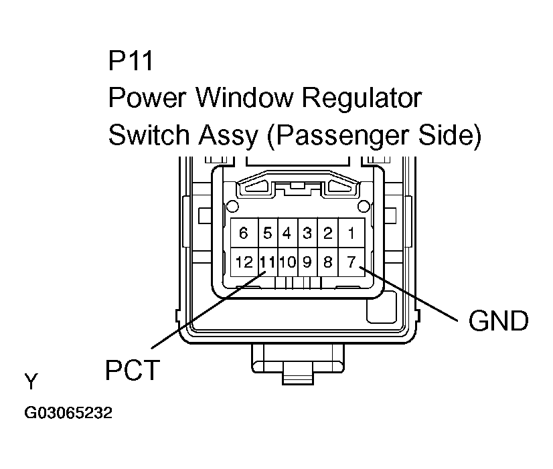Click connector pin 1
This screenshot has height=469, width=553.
pos(351,233)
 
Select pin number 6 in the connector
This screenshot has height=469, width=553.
pos(244,233)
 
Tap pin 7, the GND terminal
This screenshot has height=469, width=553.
pos(351,262)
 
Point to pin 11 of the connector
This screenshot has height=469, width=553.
pos(268,262)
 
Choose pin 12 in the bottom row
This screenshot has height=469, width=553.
pos(244,262)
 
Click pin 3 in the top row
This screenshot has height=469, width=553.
pos(307,233)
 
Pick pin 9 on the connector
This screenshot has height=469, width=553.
pos(307,262)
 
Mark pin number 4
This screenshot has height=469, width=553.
pos(287,233)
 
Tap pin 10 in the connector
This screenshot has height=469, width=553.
pos(287,262)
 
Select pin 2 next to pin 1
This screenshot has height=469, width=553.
pos(328,233)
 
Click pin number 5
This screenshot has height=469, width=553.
pos(268,233)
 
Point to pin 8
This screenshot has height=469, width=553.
pos(328,262)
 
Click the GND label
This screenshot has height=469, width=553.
pos(498,321)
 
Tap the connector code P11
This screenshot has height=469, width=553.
pos(131,62)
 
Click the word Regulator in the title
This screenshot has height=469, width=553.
pos(362,99)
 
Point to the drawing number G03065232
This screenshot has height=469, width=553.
pos(68,413)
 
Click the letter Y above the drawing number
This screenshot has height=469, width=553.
pos(31,382)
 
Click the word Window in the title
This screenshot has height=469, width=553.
pos(245,99)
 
